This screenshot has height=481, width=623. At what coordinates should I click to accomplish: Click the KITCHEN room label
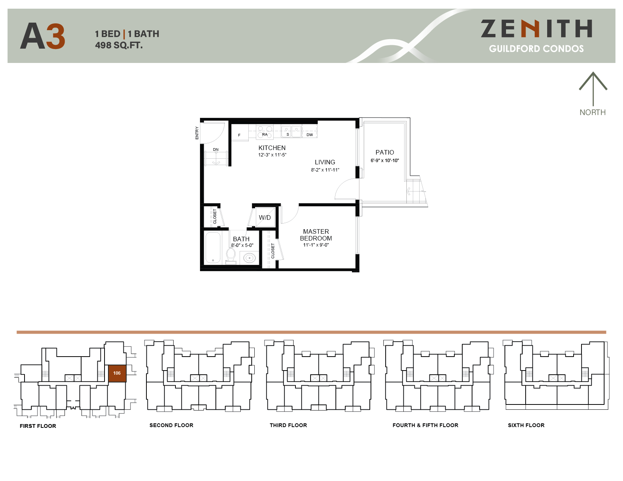[272, 148]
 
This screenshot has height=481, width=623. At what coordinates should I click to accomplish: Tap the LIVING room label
[325, 162]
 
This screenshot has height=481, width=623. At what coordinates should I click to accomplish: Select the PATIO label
[385, 152]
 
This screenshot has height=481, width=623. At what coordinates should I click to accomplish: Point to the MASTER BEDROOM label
[316, 235]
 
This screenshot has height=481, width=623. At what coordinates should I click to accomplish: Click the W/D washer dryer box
[265, 218]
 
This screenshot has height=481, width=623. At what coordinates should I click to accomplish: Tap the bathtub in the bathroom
[213, 248]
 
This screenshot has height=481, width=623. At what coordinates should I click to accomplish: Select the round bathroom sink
[249, 258]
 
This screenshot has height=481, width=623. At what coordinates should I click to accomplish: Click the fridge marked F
[239, 135]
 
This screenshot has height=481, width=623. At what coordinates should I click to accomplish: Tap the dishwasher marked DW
[309, 135]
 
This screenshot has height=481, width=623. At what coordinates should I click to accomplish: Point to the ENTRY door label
[197, 133]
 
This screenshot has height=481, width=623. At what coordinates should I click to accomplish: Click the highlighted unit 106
[117, 373]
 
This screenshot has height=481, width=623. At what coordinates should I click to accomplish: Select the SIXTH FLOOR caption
[526, 425]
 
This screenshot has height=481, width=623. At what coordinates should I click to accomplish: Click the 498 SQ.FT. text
[119, 45]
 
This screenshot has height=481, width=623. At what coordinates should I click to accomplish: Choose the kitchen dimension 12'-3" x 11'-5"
[272, 155]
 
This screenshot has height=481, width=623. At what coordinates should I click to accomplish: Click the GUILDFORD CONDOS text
[536, 49]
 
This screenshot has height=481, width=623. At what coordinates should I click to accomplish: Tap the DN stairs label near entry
[215, 150]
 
